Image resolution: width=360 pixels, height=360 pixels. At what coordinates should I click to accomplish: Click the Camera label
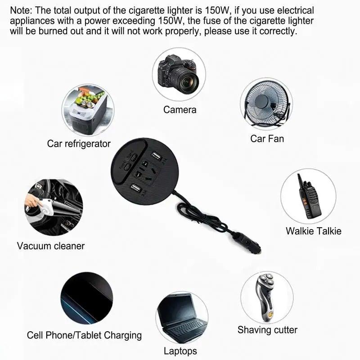(x=180, y=110)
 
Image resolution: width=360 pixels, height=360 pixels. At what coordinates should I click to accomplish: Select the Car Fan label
(x=267, y=139)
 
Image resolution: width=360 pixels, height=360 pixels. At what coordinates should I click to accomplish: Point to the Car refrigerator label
(x=79, y=144)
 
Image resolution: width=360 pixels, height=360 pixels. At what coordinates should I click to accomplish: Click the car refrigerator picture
(x=88, y=110)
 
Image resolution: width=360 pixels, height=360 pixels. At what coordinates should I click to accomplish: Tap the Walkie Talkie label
(x=313, y=231)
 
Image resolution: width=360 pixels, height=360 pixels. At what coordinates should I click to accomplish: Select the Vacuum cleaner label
(x=51, y=246)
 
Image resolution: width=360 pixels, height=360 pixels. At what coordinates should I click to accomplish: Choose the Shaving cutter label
(x=267, y=330)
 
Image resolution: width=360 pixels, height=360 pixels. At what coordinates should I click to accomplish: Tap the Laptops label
(x=180, y=351)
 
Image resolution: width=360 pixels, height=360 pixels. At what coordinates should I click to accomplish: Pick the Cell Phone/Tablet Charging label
(x=84, y=335)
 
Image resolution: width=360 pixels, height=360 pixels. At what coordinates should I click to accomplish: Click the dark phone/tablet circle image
(x=87, y=298)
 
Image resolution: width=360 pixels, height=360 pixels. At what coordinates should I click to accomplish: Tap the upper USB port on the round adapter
(x=156, y=156)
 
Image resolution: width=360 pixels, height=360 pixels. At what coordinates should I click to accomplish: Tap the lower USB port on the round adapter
(x=135, y=188)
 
